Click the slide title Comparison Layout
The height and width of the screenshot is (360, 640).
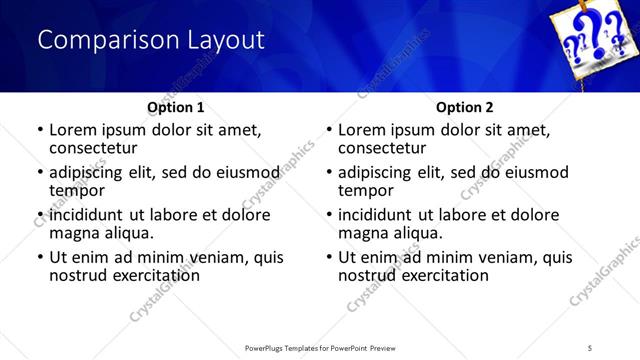click(151, 40)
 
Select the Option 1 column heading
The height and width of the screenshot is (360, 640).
click(175, 107)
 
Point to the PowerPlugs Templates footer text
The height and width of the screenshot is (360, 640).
click(320, 347)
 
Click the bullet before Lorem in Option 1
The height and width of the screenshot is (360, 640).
click(40, 130)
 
